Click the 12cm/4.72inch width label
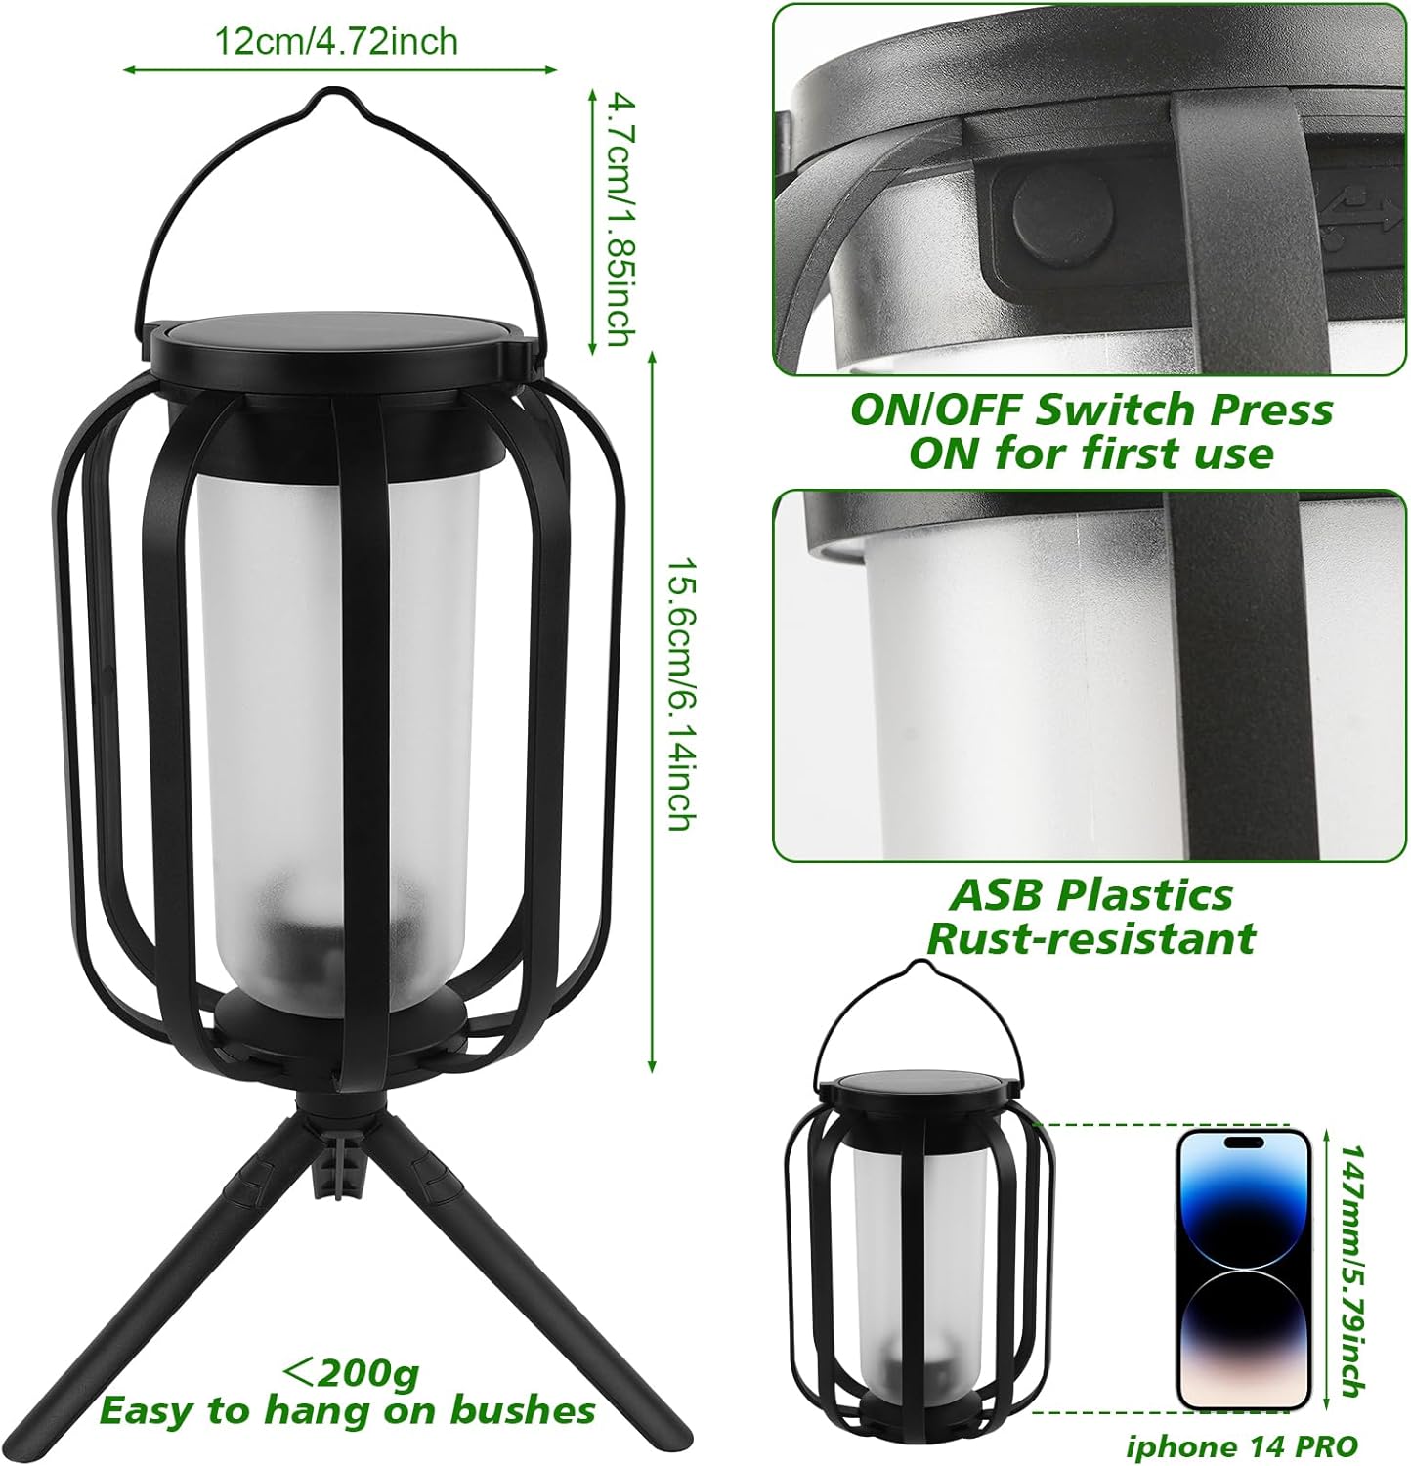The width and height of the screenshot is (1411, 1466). tap(336, 42)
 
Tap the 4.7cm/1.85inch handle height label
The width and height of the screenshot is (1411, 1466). tap(618, 219)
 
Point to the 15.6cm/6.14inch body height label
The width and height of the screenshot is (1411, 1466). tap(678, 695)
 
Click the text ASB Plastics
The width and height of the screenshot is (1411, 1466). tap(1092, 895)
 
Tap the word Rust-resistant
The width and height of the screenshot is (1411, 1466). tap(1090, 939)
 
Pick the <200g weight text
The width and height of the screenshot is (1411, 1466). tap(351, 1372)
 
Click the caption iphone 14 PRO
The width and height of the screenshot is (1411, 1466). tap(1241, 1446)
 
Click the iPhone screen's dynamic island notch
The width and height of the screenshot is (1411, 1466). tap(1242, 1142)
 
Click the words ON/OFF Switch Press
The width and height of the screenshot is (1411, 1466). tap(1090, 410)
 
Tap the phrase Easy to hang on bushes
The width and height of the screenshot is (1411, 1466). tap(347, 1410)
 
